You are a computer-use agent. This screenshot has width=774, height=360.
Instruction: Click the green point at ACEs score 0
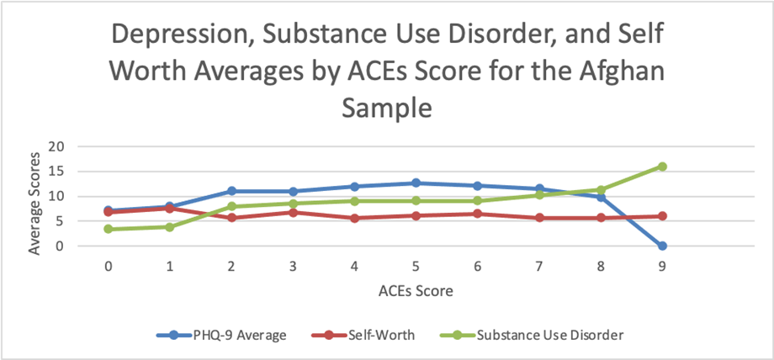coord(109,229)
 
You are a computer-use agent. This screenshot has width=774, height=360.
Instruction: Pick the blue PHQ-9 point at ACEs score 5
coord(416,183)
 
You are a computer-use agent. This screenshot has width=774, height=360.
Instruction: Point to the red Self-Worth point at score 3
coord(293,212)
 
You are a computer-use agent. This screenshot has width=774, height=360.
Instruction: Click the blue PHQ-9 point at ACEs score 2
coord(231,191)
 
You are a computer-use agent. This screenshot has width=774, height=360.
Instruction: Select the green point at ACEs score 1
coord(170,227)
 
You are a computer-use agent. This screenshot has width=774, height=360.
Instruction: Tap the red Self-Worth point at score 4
coord(354,218)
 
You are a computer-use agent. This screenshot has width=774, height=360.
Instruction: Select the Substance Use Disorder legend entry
coord(546,335)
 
